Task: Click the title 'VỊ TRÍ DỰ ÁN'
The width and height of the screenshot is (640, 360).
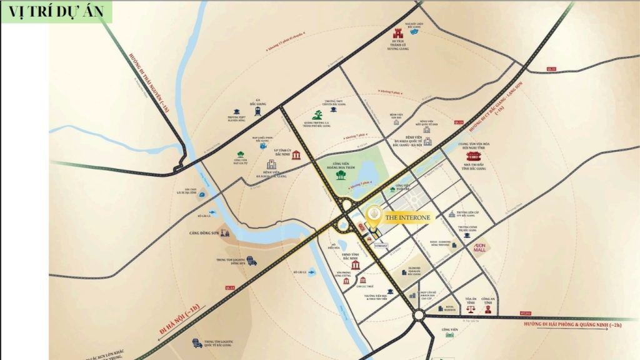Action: point(56,12)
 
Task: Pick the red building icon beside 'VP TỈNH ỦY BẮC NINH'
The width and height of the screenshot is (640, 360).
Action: point(295,154)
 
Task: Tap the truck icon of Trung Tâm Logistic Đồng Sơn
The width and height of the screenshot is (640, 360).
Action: point(252,261)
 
